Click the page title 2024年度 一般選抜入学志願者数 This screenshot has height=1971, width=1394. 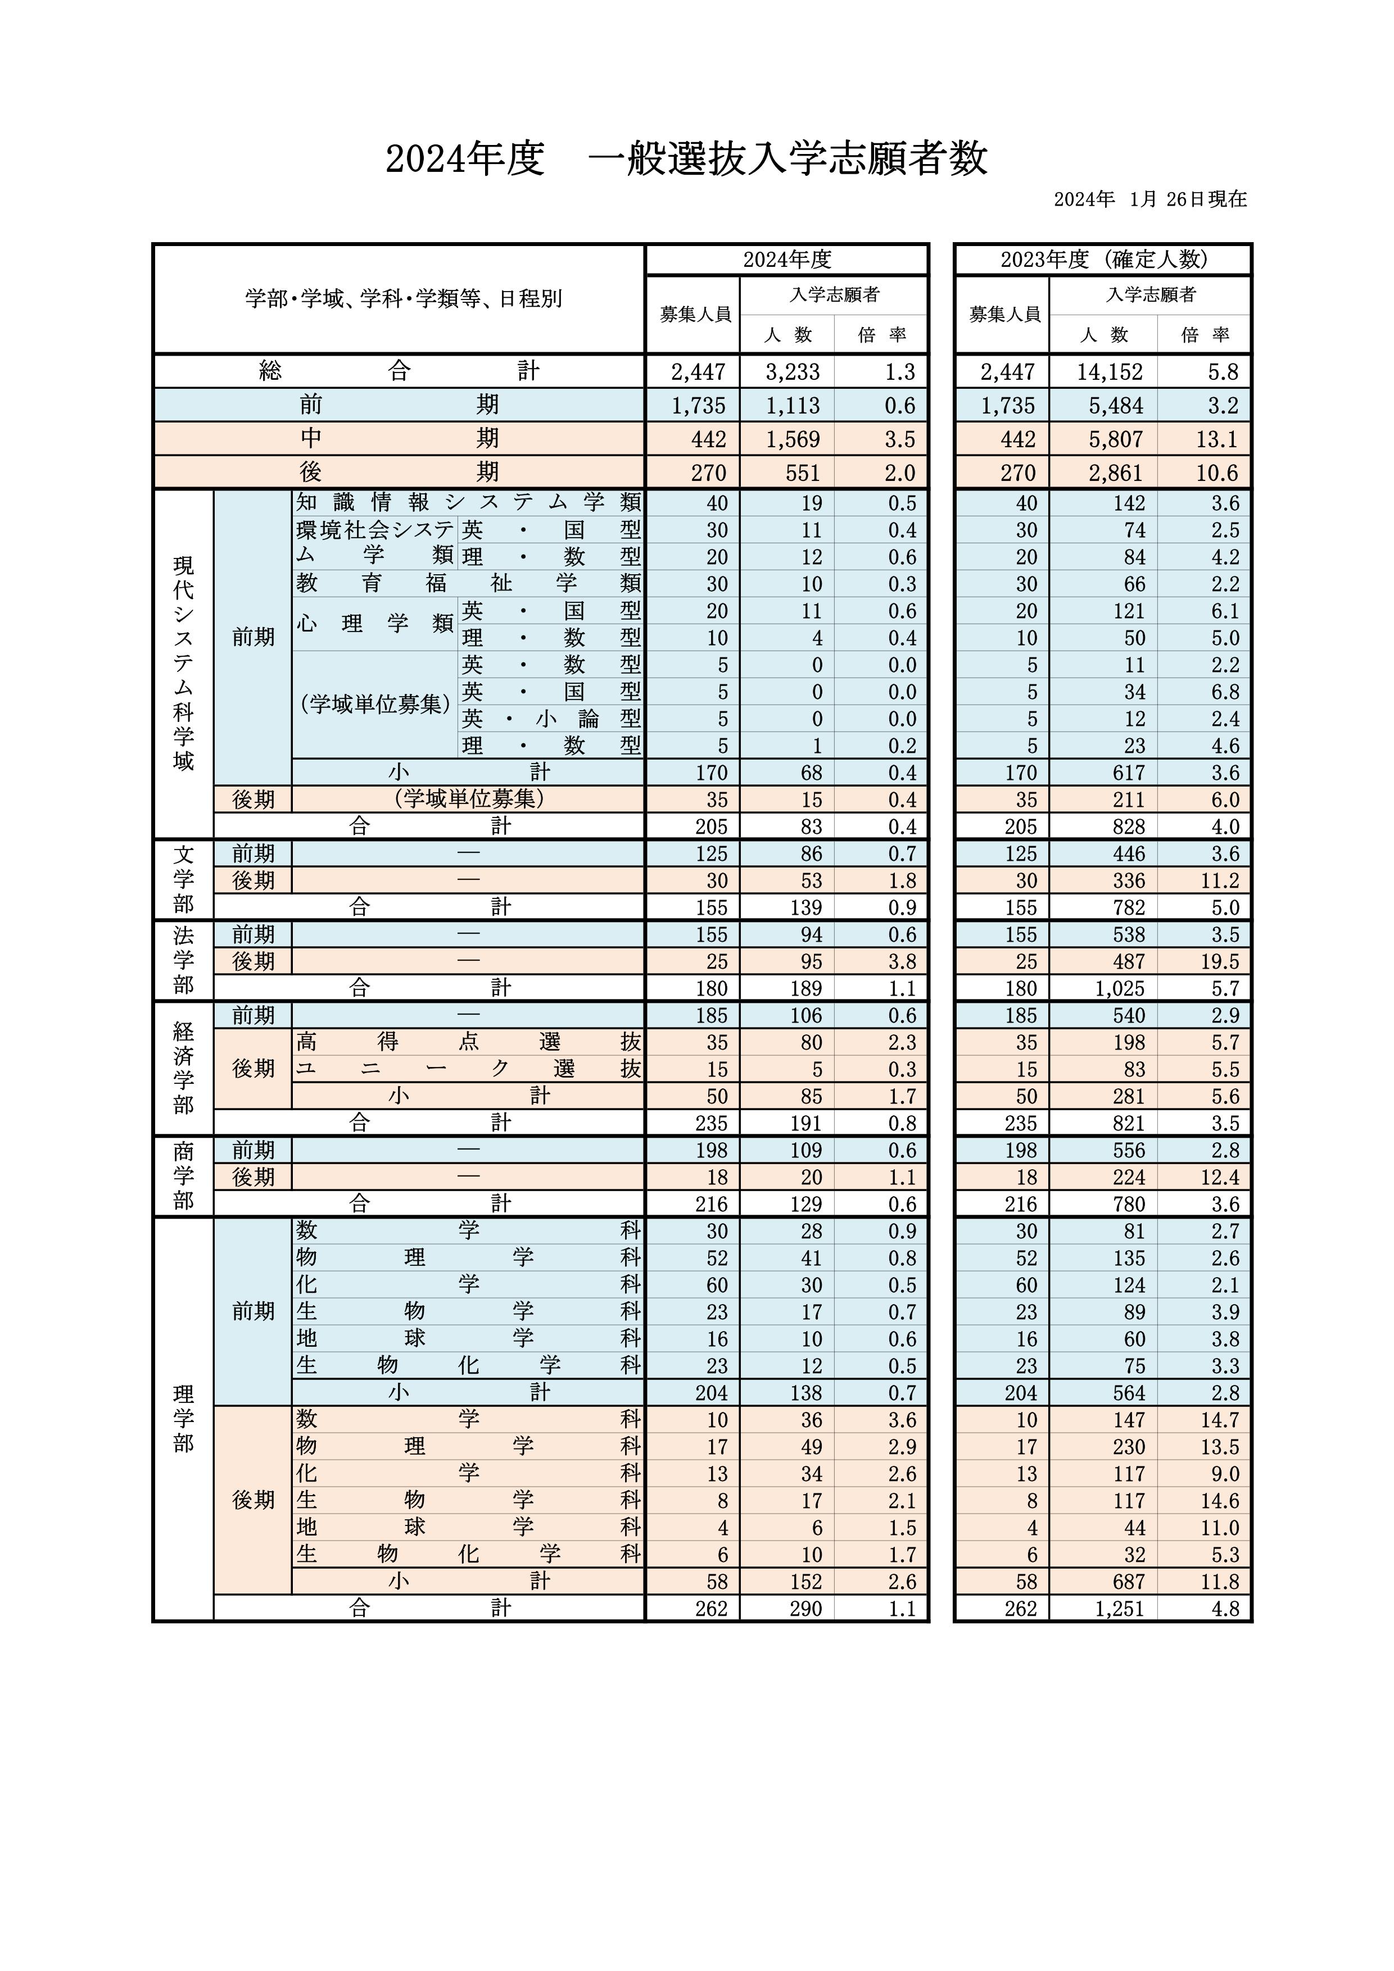pyautogui.click(x=686, y=160)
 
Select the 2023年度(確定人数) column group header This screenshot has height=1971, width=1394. pyautogui.click(x=1104, y=259)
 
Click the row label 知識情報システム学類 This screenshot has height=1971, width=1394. pyautogui.click(x=468, y=502)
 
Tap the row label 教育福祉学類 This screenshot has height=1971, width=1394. pyautogui.click(x=468, y=584)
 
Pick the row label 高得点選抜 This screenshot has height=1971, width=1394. pyautogui.click(x=468, y=1042)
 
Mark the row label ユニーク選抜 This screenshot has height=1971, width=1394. pyautogui.click(x=468, y=1069)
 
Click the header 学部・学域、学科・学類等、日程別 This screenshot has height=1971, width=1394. pyautogui.click(x=403, y=299)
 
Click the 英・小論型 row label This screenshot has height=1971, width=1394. pyautogui.click(x=550, y=719)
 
